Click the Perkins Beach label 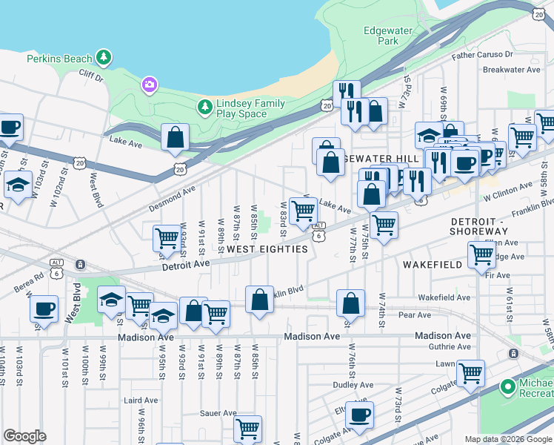coord(59,58)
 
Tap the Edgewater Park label coord(381,36)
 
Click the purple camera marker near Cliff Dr coord(150,85)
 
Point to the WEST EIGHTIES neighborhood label coord(267,249)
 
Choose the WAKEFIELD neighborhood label coord(433,264)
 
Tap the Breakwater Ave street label coord(511,70)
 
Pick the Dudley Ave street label coord(353,385)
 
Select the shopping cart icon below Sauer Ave coord(247,429)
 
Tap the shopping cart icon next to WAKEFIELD coord(481,255)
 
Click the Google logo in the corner coord(25,435)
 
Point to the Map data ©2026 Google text coord(508,439)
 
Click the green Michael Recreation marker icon coord(507,387)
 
